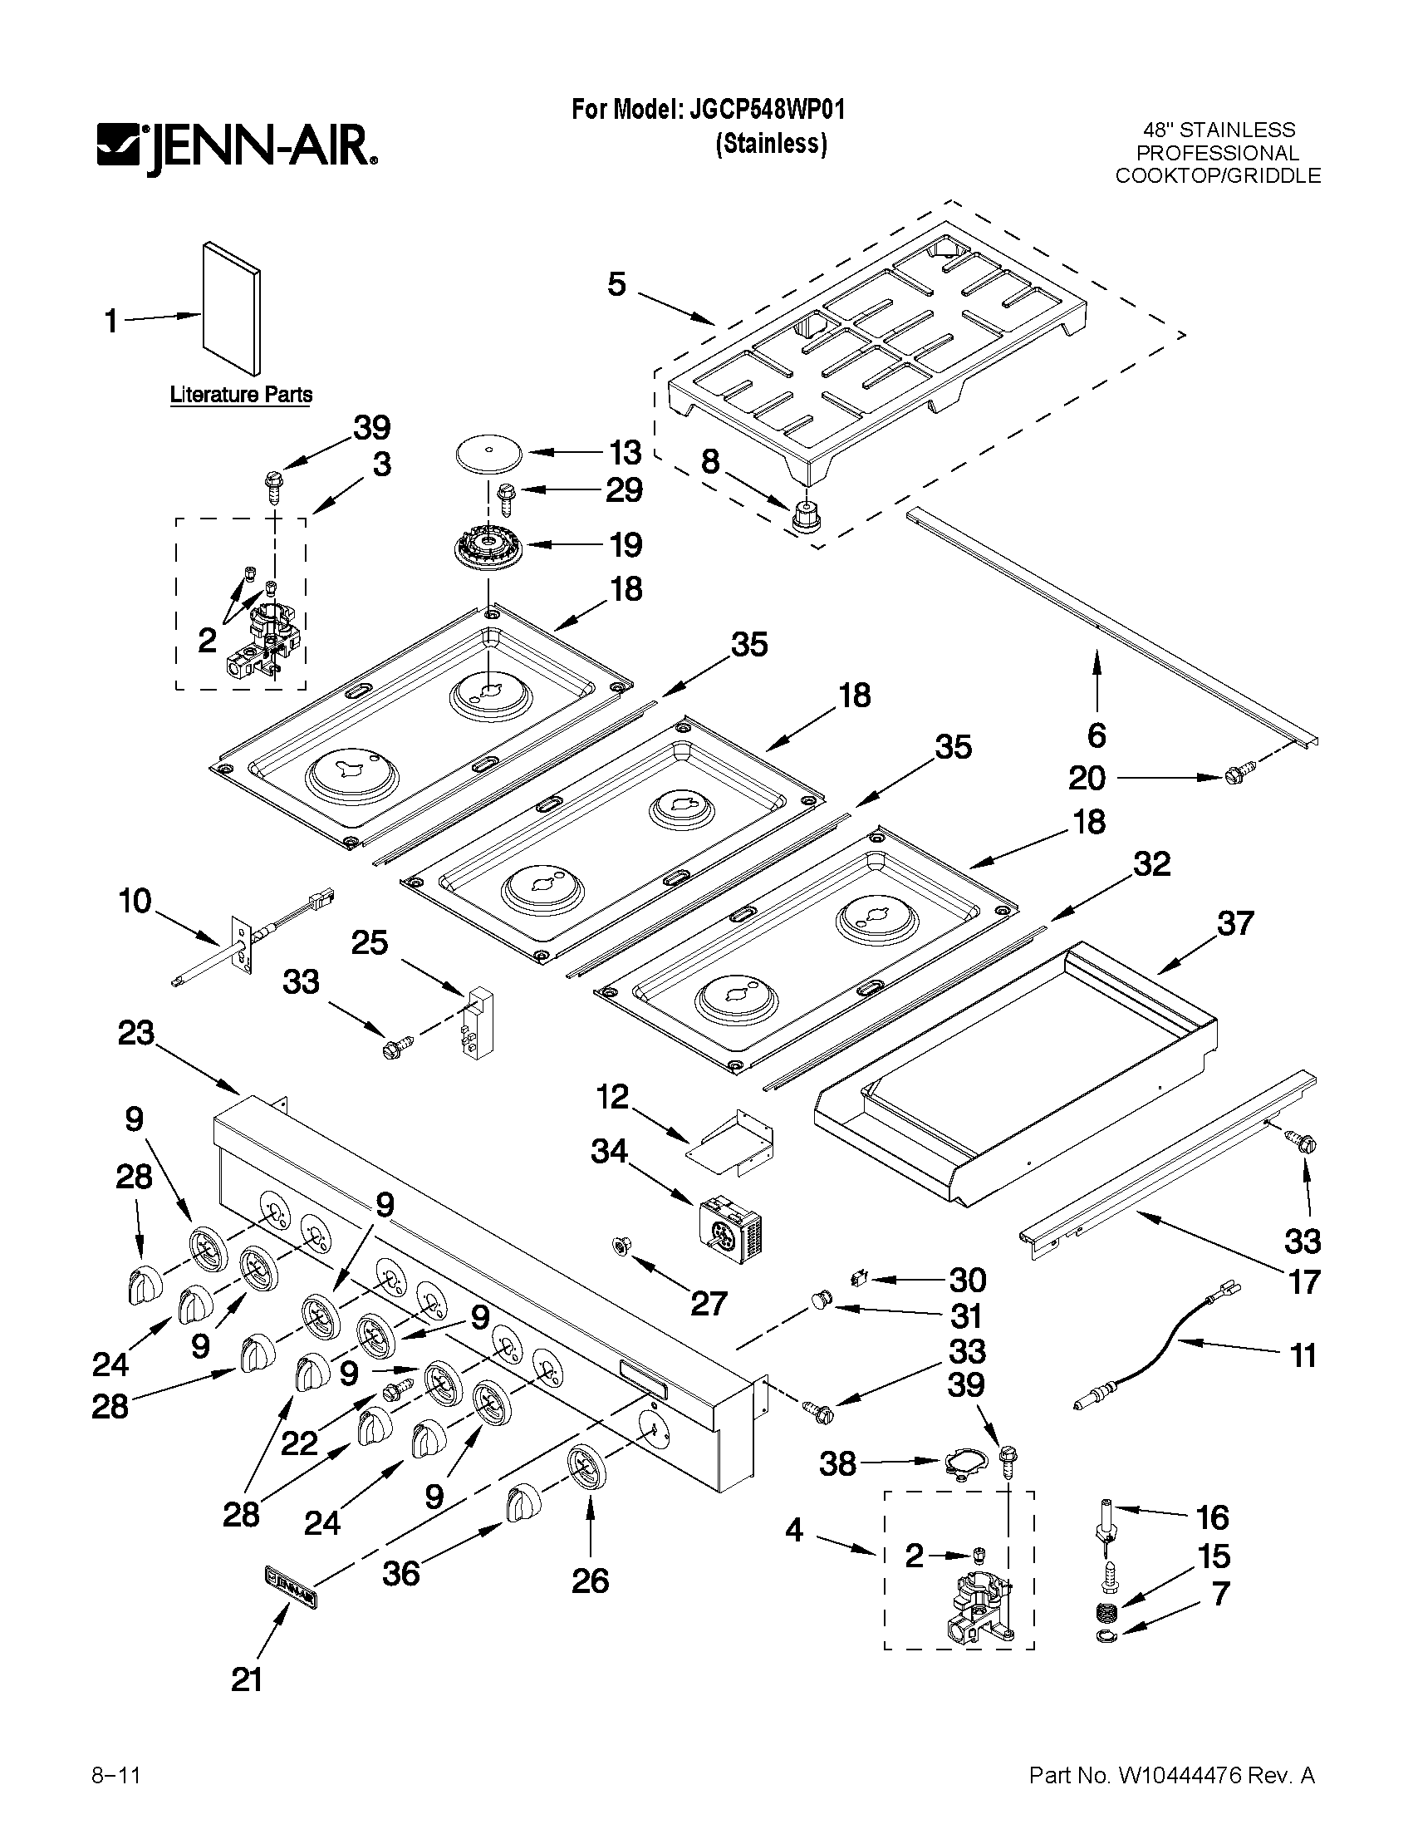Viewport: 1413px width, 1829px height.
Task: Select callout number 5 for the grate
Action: click(616, 285)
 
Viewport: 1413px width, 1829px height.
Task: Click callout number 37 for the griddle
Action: click(1234, 923)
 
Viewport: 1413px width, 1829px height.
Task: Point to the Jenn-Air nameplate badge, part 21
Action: click(290, 1590)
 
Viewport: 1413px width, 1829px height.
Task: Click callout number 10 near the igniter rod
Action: click(135, 902)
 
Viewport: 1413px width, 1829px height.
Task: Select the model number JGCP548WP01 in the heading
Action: click(767, 110)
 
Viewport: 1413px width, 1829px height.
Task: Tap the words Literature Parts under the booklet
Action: click(241, 394)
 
